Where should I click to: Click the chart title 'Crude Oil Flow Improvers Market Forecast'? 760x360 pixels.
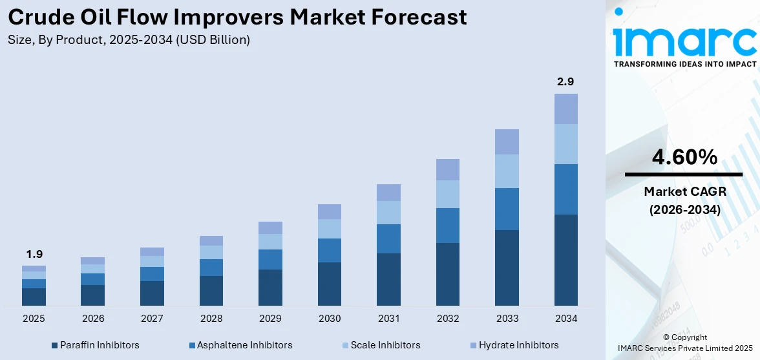[237, 17]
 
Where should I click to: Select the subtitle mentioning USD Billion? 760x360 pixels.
[129, 40]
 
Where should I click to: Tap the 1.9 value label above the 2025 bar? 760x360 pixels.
[34, 254]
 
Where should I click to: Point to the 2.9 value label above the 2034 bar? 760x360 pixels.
[565, 81]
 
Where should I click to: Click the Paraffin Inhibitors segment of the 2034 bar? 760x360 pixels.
[565, 260]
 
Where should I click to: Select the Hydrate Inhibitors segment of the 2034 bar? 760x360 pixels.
[565, 109]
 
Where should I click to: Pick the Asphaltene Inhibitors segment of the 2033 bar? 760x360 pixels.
[507, 209]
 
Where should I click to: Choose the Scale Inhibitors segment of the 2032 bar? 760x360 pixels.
[447, 194]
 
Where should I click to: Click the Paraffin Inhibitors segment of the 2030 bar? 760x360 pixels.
[329, 284]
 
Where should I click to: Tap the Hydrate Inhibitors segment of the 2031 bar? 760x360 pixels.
[388, 193]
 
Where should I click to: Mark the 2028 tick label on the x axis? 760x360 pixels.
[211, 319]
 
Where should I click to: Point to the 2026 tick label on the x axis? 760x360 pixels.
[93, 319]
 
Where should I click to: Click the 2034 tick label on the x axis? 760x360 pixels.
[565, 319]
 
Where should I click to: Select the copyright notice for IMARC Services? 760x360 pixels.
[684, 343]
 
